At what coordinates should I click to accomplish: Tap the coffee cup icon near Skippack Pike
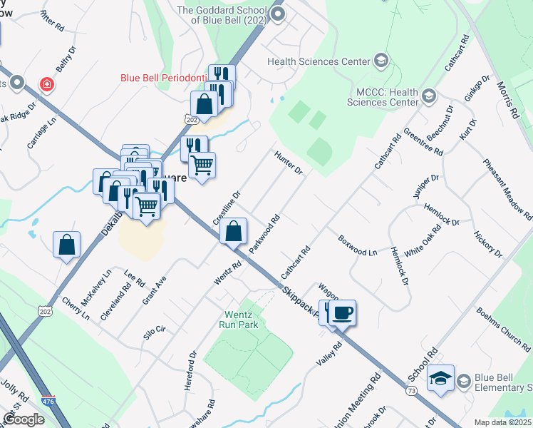point(343,312)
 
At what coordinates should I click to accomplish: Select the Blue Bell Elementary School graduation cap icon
point(441,379)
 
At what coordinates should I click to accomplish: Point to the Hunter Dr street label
point(289,161)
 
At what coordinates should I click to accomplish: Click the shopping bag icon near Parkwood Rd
point(233,231)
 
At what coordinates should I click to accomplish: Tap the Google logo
point(24,419)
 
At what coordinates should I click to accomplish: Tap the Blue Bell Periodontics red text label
point(163,78)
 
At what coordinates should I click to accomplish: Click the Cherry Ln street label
point(75,308)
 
